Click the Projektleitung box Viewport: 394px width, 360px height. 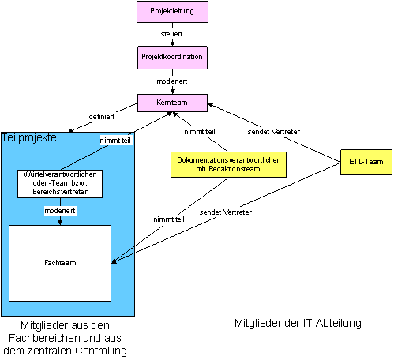[172, 12]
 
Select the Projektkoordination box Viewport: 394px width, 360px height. [172, 58]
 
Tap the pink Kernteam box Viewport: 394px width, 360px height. [172, 103]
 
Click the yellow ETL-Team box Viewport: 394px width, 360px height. [366, 162]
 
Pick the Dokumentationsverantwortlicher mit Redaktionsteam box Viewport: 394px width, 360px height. [228, 164]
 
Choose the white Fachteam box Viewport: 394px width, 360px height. [60, 263]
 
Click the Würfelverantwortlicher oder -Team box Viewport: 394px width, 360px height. [60, 184]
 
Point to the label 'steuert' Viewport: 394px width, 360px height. [171, 34]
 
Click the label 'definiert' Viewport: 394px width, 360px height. [102, 117]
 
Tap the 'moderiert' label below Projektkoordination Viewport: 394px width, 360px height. [172, 81]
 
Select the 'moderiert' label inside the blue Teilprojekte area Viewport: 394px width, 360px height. [60, 211]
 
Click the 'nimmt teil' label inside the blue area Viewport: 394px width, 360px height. [115, 141]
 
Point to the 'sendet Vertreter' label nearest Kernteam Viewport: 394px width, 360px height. [273, 132]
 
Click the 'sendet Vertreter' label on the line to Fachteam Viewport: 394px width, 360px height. [225, 212]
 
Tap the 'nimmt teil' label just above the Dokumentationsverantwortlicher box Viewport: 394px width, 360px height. [200, 132]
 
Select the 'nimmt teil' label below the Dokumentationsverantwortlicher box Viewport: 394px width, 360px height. [169, 219]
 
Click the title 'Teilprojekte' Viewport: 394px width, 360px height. [29, 138]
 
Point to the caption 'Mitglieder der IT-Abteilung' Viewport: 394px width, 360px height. [298, 323]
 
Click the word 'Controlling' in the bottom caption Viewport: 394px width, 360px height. [101, 351]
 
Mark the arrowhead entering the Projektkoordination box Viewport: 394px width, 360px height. [172, 43]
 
